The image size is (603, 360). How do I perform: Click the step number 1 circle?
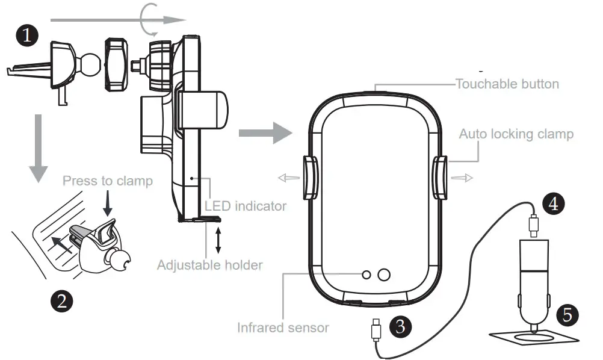coord(27,35)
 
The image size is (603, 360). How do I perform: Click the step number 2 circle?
coord(61,299)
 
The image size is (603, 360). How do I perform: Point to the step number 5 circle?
coord(567,314)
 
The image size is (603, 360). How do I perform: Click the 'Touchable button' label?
coord(507,84)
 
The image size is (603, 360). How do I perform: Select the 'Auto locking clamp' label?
coord(516,134)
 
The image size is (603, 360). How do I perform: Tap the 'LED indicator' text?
coord(246,206)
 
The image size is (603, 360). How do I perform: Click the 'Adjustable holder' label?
coord(210,264)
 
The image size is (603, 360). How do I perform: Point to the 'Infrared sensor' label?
coord(283,328)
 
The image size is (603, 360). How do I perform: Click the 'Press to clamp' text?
coord(108,181)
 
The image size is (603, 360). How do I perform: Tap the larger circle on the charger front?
coord(383,275)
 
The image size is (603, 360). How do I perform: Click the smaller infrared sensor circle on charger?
coord(366,275)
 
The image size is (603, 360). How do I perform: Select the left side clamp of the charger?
coord(311,178)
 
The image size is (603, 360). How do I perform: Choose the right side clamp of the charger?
coord(439,178)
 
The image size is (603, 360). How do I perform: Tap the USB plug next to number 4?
coord(534,223)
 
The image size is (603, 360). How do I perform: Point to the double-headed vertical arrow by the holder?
coord(218,240)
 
